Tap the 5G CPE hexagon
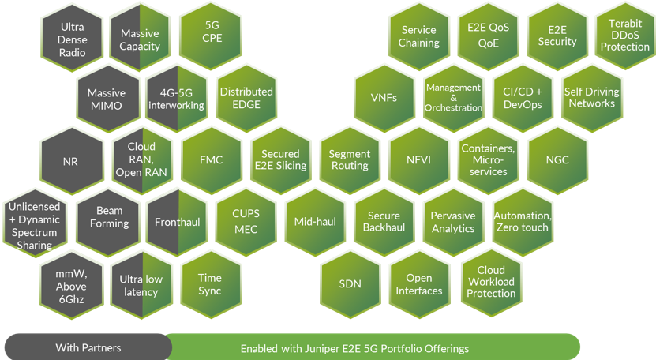click(211, 36)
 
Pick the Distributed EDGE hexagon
click(246, 98)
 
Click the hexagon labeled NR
click(70, 160)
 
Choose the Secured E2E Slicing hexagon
click(280, 160)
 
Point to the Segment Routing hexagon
click(349, 160)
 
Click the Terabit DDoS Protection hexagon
click(624, 36)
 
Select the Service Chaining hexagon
click(418, 36)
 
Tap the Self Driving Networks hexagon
click(591, 98)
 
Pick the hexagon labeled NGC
click(557, 160)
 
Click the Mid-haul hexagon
click(315, 222)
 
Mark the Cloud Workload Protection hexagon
click(490, 282)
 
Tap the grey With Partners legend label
click(88, 347)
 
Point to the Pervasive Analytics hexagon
click(453, 222)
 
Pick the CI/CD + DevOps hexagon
click(522, 98)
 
